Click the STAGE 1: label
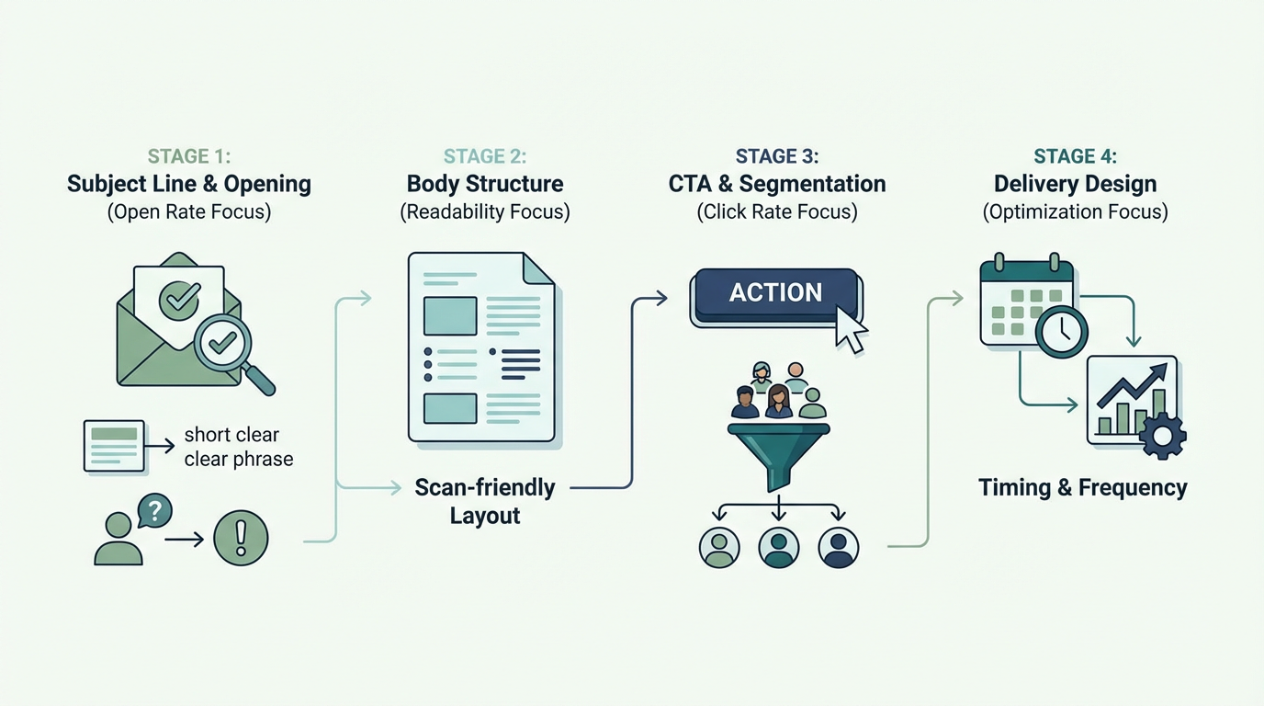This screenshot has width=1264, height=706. pos(188,155)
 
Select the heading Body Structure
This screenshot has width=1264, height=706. pos(485,183)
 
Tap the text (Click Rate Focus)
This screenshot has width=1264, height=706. pos(776,212)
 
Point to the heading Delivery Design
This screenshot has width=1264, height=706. pos(1075,183)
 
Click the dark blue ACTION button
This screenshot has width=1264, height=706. pos(775,293)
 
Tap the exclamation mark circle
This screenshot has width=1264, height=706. pos(241,538)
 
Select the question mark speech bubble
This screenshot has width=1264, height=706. pos(155,511)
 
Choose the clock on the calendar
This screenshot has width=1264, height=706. pos(1062,332)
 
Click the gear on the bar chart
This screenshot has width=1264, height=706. pos(1162,436)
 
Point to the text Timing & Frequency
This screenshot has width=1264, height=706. pos(1082,487)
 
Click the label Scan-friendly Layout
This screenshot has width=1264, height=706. pos(485,501)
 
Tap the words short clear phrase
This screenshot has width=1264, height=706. pos(238,447)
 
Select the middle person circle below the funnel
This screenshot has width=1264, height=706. pos(779,547)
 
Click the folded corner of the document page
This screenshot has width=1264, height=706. pos(538,268)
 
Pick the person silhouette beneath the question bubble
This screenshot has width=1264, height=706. pos(118,541)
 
